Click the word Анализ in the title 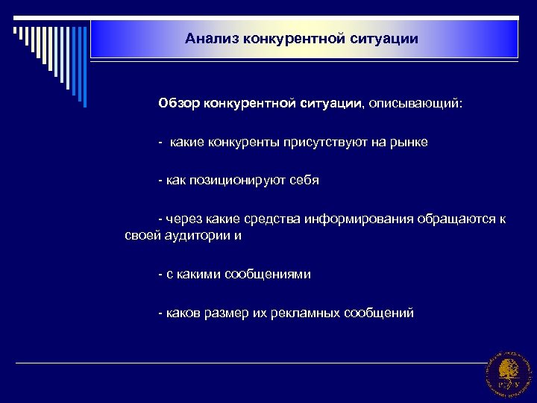(x=210, y=37)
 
